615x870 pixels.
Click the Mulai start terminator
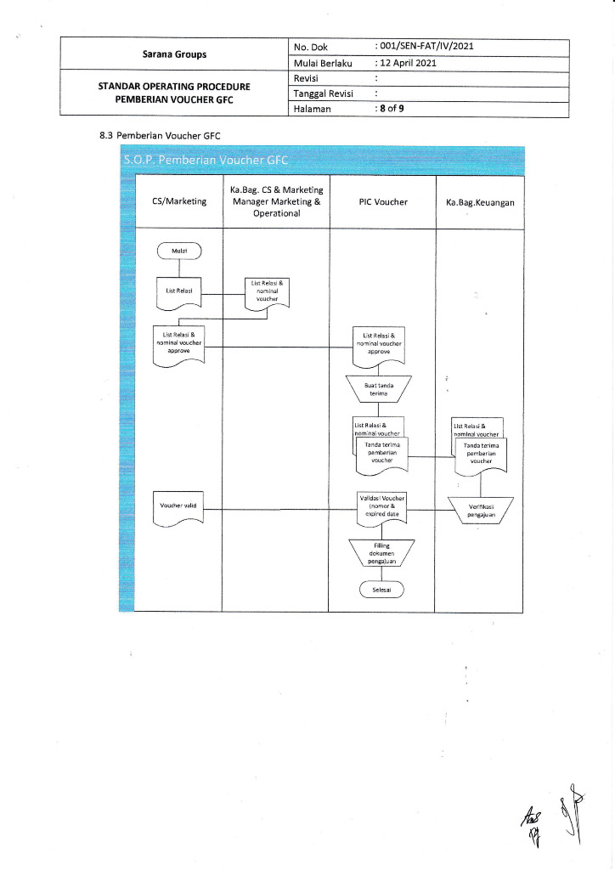click(178, 251)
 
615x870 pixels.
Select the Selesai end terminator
click(381, 590)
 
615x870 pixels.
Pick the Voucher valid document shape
click(178, 507)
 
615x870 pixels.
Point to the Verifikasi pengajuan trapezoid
click(481, 510)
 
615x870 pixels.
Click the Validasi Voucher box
click(381, 506)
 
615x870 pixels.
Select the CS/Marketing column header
click(178, 201)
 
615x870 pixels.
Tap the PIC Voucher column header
click(383, 201)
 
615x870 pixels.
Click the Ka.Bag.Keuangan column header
click(480, 202)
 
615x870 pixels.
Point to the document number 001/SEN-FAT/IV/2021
click(425, 47)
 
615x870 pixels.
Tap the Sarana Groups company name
click(174, 54)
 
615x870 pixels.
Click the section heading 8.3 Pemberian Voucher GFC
click(161, 134)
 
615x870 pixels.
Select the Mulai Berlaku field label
click(322, 63)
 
